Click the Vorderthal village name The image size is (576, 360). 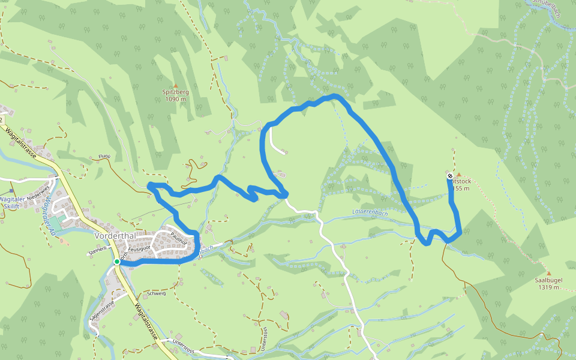pyautogui.click(x=113, y=235)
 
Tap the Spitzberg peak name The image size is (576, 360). pyautogui.click(x=175, y=92)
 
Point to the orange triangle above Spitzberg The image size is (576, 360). pyautogui.click(x=175, y=85)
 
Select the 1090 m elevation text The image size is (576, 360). pyautogui.click(x=175, y=100)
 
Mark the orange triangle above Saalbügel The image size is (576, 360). pyautogui.click(x=548, y=274)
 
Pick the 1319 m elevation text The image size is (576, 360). pyautogui.click(x=548, y=287)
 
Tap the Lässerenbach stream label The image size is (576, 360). pyautogui.click(x=370, y=212)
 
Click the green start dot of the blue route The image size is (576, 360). pyautogui.click(x=117, y=262)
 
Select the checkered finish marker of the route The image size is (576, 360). pyautogui.click(x=450, y=176)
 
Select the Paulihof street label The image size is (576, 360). pyautogui.click(x=179, y=238)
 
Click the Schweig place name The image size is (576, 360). pyautogui.click(x=156, y=294)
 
